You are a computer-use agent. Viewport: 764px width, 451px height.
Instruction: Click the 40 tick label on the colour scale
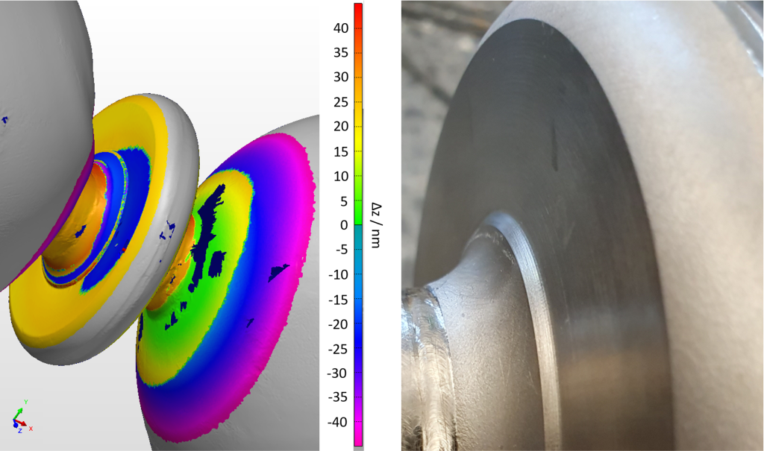(x=341, y=28)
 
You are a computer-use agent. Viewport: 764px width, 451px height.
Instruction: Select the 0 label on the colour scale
(x=344, y=225)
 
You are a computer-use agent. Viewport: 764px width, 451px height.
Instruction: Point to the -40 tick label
(x=338, y=422)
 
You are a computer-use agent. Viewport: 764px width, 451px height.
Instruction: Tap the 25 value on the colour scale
(x=341, y=102)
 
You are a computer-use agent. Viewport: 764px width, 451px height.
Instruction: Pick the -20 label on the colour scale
(x=338, y=324)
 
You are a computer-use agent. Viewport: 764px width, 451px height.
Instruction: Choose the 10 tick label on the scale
(x=341, y=176)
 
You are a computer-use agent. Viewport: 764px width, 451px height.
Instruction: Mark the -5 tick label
(x=341, y=250)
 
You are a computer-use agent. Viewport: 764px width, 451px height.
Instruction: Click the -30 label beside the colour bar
(x=338, y=373)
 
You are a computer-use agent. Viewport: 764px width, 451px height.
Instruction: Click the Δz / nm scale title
(x=376, y=225)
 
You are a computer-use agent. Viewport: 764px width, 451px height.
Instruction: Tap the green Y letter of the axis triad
(x=26, y=403)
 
